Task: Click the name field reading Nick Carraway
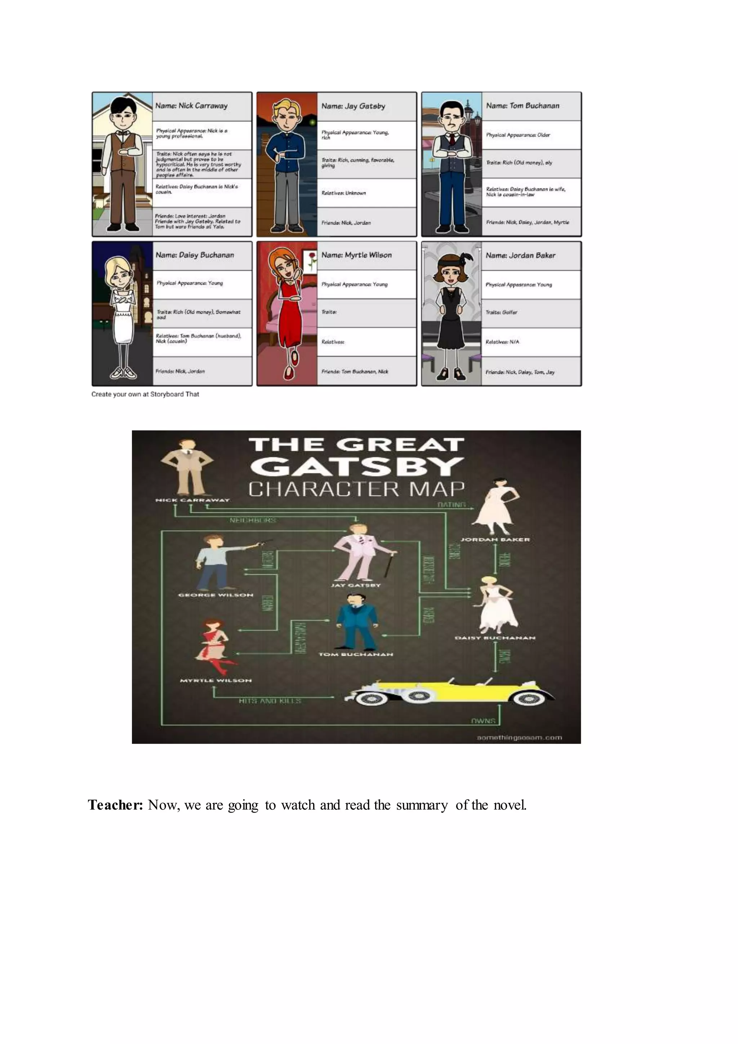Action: click(x=191, y=106)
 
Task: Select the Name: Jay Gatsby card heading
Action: click(x=353, y=106)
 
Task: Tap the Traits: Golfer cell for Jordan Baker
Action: click(x=501, y=313)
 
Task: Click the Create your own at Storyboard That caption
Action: click(x=145, y=394)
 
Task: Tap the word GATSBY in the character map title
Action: click(x=356, y=466)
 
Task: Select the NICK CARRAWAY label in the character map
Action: click(x=192, y=500)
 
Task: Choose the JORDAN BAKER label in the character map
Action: click(x=495, y=540)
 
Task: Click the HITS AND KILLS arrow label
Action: click(x=270, y=701)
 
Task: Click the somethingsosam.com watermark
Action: click(x=519, y=738)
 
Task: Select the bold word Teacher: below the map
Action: click(x=115, y=805)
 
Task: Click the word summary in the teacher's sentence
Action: click(x=422, y=805)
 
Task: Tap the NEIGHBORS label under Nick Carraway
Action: click(x=253, y=520)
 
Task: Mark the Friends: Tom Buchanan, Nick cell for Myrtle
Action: click(x=355, y=372)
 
